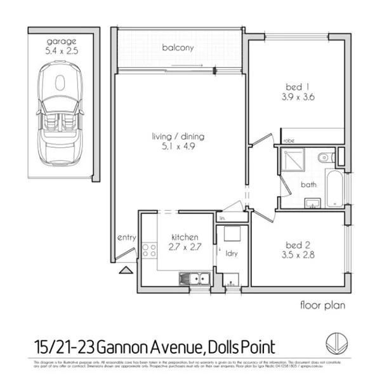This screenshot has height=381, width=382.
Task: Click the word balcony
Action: pos(177,48)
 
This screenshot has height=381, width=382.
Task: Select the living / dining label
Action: pos(178,137)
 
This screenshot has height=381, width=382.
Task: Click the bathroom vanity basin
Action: pos(312,203)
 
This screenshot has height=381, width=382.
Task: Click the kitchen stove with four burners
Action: pos(149,250)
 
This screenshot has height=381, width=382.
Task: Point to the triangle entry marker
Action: pos(126,270)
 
